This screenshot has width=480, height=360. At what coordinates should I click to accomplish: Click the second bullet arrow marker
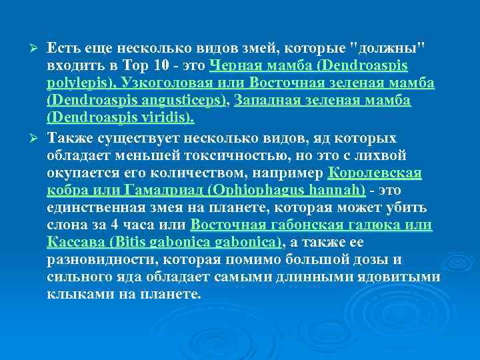click(x=37, y=137)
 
